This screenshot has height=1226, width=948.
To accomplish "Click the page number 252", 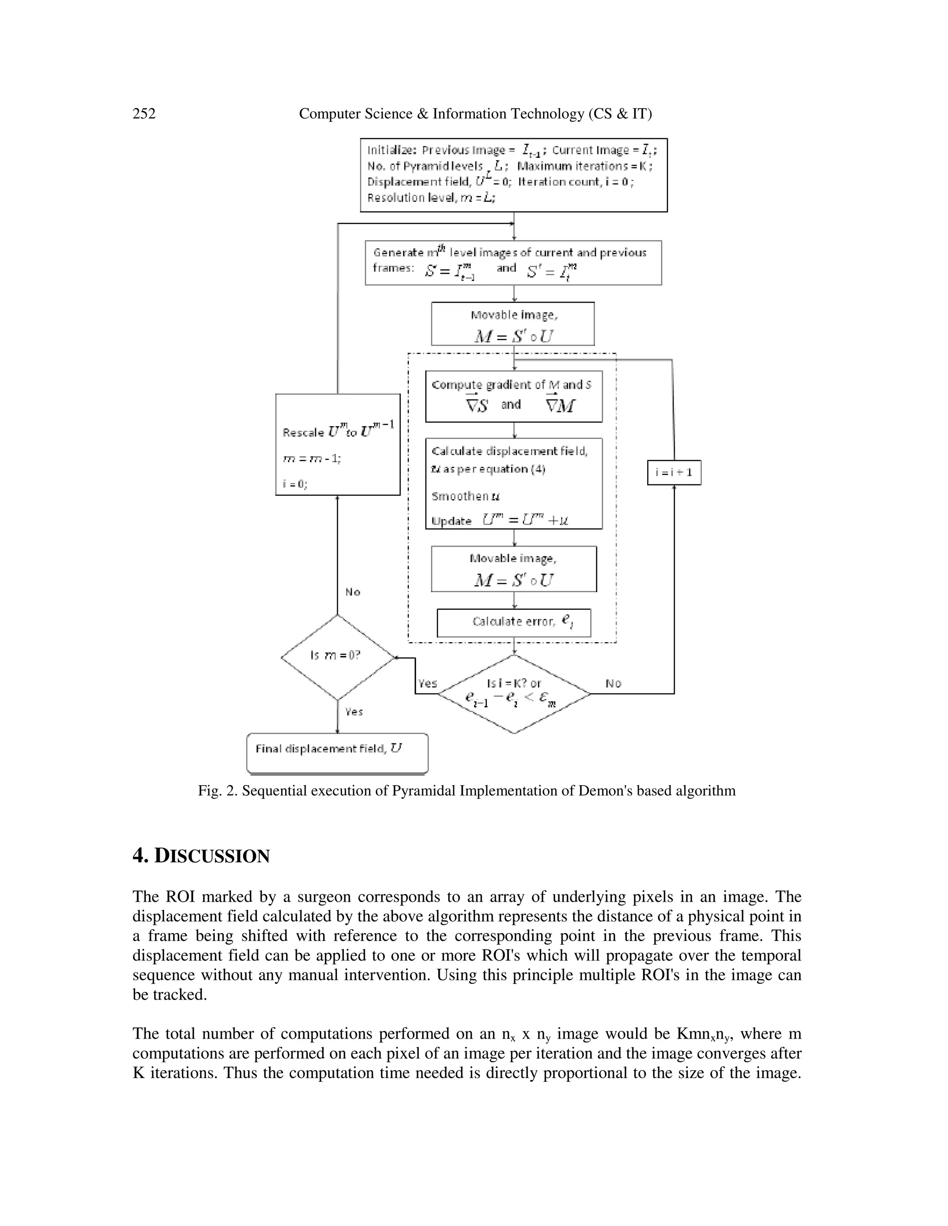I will coord(144,114).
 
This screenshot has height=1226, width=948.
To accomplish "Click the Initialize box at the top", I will coord(513,174).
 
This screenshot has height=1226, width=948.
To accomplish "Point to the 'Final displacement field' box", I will coord(337,753).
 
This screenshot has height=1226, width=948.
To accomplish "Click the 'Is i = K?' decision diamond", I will coord(514,694).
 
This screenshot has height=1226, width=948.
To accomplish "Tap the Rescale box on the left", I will coord(337,444).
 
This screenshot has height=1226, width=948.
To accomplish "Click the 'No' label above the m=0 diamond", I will coord(353,592).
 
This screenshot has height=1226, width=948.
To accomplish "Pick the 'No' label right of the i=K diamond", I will coord(613,683).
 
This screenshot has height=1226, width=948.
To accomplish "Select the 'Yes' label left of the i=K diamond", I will coord(427,683).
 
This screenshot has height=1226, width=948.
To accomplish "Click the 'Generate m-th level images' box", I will coord(513,262).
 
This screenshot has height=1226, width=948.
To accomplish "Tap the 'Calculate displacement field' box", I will coord(513,483).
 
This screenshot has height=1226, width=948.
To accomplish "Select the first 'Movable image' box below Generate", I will coord(512,323).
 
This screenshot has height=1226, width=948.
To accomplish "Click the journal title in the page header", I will coord(475,114).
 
